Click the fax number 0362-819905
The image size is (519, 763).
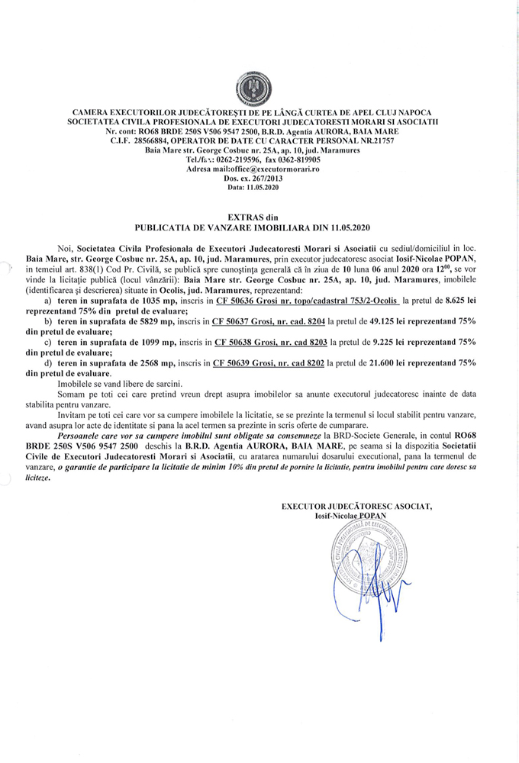(x=298, y=159)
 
